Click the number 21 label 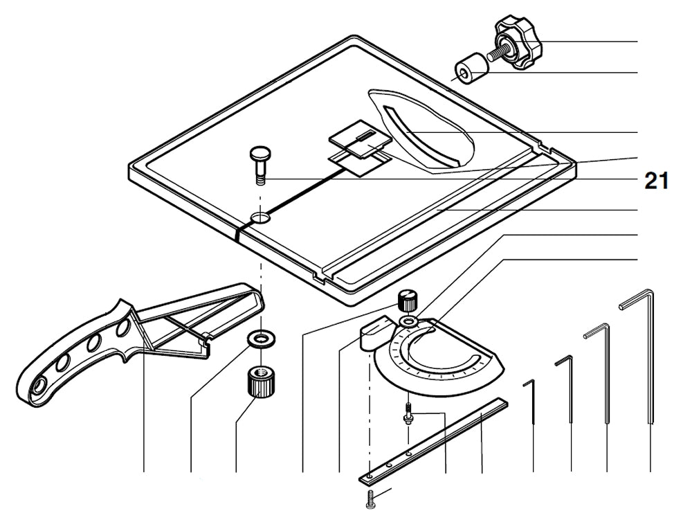coord(656,181)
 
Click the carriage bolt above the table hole coord(259,163)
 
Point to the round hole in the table coord(261,218)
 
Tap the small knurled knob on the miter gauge coord(409,301)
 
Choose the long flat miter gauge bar coord(436,440)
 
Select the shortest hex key coord(533,402)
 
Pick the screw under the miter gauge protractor coord(409,414)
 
